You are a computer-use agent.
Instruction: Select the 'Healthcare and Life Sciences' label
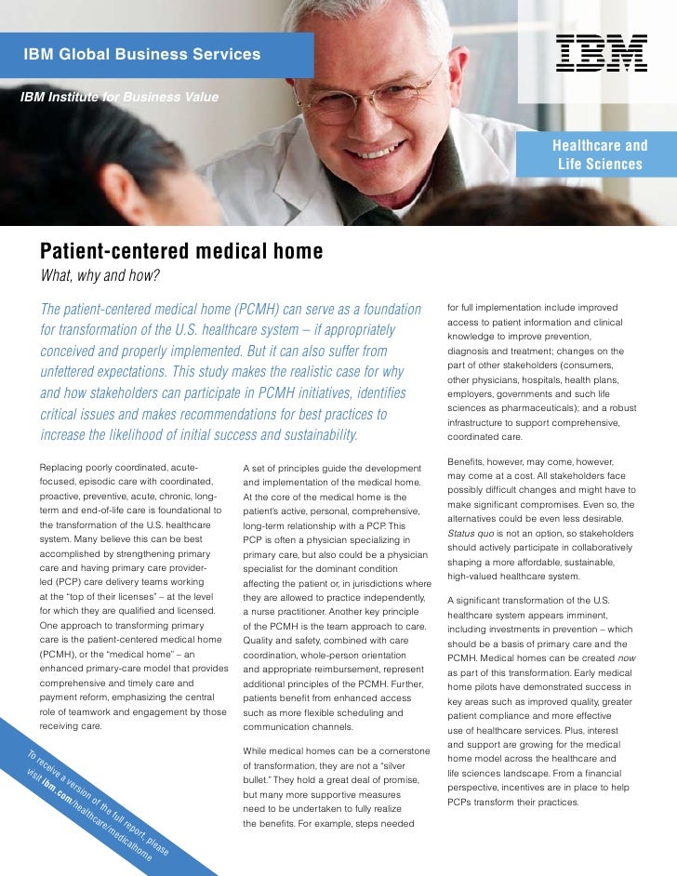tap(600, 156)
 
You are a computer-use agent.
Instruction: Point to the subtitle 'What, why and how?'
tap(98, 276)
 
